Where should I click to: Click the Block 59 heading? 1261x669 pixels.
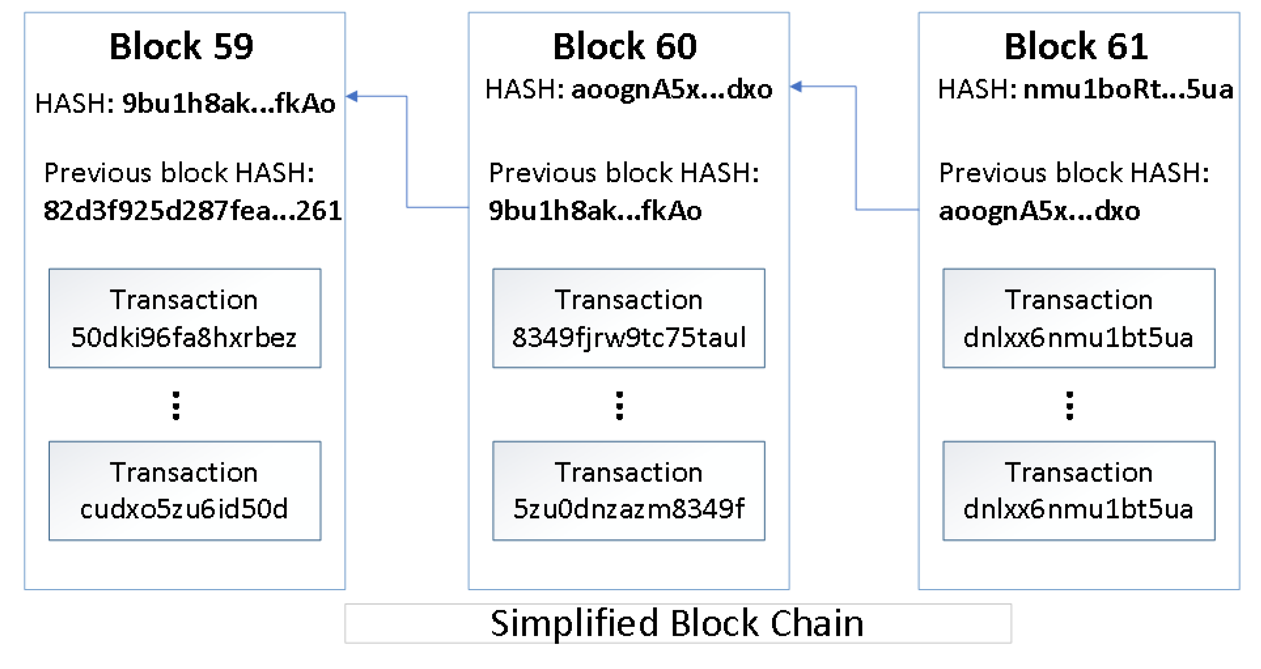[181, 46]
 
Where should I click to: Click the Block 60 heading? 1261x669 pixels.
[625, 46]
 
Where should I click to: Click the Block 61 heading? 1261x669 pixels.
[1076, 46]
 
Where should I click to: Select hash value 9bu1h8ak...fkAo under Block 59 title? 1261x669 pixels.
[229, 103]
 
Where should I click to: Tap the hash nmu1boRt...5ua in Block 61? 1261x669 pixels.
[1128, 89]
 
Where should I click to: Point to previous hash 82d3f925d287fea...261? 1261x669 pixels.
[192, 211]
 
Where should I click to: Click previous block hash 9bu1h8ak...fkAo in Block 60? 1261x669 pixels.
[595, 211]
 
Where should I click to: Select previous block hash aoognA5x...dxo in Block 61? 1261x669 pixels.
[1039, 211]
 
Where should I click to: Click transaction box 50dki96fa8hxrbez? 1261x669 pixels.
[184, 318]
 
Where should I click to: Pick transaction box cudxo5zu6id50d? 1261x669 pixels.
[184, 491]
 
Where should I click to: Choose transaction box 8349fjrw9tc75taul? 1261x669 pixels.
[628, 318]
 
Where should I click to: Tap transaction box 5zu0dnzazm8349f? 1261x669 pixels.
[628, 491]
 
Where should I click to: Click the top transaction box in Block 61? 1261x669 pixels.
[1079, 318]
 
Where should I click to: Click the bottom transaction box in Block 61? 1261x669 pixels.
[1079, 491]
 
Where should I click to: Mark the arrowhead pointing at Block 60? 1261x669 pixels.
[796, 87]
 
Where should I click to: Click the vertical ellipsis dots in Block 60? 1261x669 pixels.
[619, 406]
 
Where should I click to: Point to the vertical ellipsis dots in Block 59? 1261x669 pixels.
[176, 406]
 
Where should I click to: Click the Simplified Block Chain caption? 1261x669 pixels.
[677, 623]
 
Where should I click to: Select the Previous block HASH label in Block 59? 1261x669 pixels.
[179, 173]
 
